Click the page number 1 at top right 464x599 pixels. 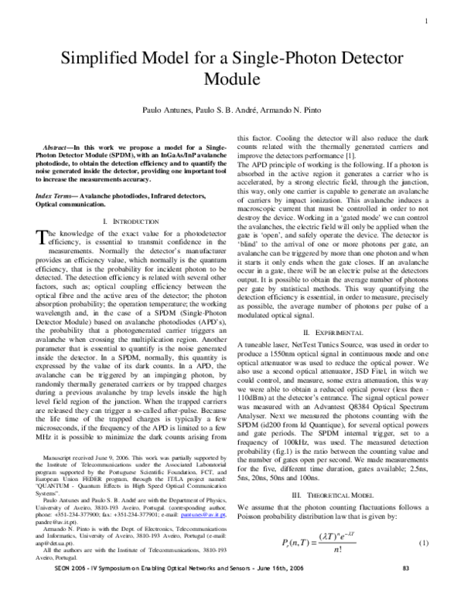click(426, 21)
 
